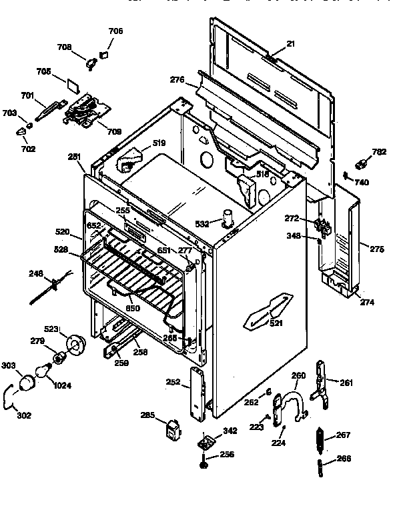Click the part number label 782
[380, 152]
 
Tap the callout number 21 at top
[272, 44]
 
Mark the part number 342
[230, 432]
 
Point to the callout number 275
[377, 250]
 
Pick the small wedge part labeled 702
[22, 132]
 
